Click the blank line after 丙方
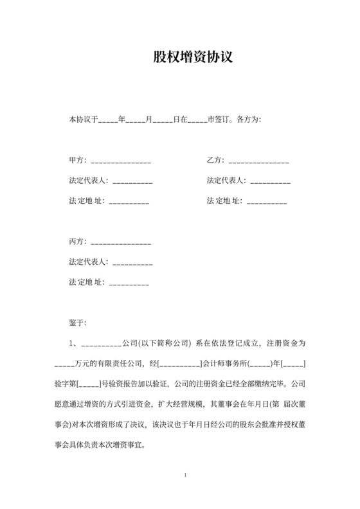pos(121,244)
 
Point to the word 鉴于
pos(77,322)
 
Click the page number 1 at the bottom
pos(184,476)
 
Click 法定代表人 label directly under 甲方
pos(89,181)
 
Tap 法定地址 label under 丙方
pos(86,281)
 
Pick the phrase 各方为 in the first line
pos(249,120)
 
